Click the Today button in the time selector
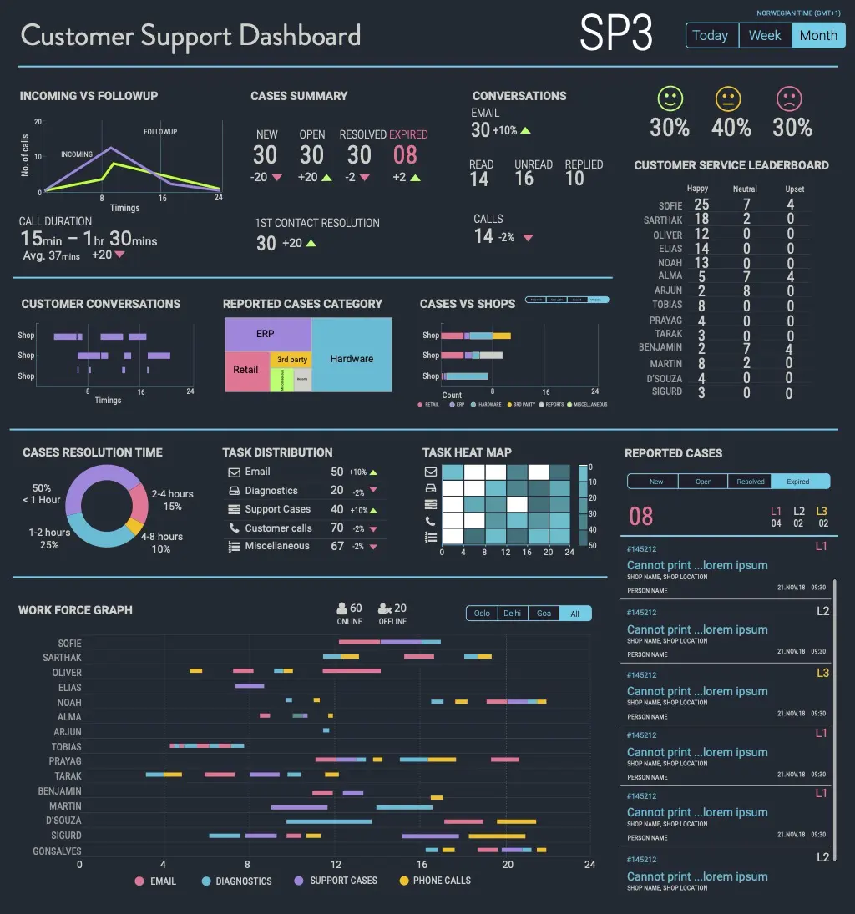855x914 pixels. tap(711, 36)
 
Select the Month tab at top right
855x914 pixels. tap(818, 36)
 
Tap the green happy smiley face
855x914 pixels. tap(670, 99)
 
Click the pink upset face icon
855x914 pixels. tap(788, 99)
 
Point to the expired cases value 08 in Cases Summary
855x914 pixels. tap(405, 155)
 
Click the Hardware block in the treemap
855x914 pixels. tap(352, 359)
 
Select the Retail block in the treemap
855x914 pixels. tap(246, 370)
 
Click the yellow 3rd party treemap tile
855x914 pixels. tap(292, 360)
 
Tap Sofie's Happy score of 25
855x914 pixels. tap(701, 205)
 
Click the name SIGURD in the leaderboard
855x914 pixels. tap(666, 391)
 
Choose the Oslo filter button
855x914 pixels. tap(482, 614)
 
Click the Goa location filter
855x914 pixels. tap(544, 614)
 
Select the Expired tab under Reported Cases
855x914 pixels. tap(799, 482)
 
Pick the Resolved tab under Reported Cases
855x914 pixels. tap(750, 482)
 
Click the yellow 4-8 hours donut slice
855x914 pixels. tap(134, 527)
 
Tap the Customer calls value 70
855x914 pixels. tap(337, 528)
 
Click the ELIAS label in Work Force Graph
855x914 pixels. tap(70, 688)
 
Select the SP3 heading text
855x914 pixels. tap(616, 34)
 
